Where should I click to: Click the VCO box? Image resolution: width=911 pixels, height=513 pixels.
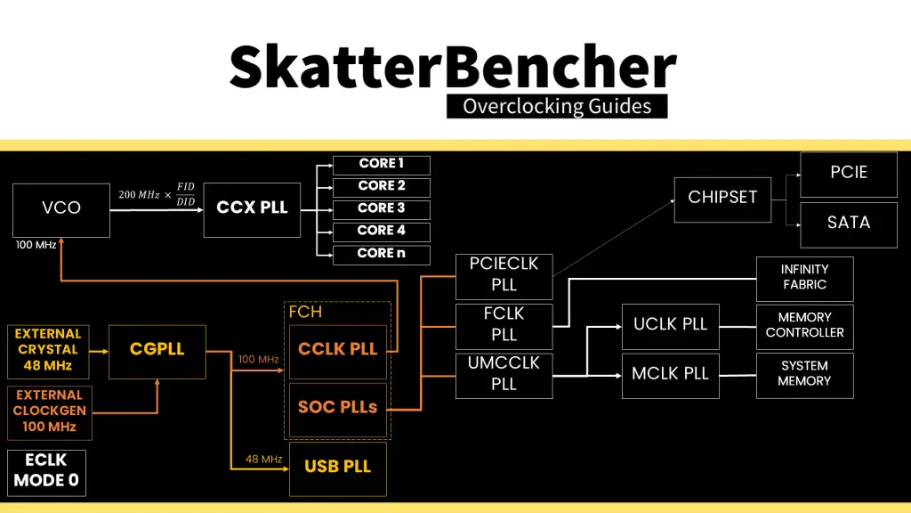[x=61, y=208]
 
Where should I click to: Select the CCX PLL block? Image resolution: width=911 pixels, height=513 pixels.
[x=252, y=208]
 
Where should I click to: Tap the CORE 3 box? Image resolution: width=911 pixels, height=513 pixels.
[x=382, y=208]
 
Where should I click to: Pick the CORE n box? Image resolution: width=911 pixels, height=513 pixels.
[x=382, y=254]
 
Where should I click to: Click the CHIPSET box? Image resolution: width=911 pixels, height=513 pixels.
[x=722, y=198]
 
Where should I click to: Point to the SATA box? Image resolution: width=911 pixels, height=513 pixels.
[x=848, y=223]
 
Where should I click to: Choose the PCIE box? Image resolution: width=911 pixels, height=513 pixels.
[x=848, y=173]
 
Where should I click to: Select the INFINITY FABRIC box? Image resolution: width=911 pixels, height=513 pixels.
[x=804, y=278]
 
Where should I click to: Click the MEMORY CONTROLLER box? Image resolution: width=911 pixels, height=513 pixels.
[x=804, y=326]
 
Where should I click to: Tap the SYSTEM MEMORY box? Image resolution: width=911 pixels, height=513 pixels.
[x=804, y=374]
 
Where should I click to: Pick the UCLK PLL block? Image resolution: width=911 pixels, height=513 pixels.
[x=670, y=325]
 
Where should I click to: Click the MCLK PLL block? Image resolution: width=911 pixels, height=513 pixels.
[x=670, y=374]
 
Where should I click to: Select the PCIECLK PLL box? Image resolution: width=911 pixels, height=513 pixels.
[x=504, y=275]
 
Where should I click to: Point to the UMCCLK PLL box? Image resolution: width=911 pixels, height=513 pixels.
[x=504, y=374]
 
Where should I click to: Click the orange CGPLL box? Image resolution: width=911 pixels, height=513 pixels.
[x=157, y=350]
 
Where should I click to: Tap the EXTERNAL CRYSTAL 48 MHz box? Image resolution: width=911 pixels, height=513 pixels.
[x=48, y=350]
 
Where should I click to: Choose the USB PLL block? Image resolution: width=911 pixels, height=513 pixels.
[x=338, y=468]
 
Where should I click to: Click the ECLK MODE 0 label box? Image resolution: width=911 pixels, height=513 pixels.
[x=46, y=472]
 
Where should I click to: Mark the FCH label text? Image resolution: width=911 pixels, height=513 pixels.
[x=305, y=313]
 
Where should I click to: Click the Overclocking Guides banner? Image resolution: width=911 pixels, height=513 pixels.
[x=557, y=107]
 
